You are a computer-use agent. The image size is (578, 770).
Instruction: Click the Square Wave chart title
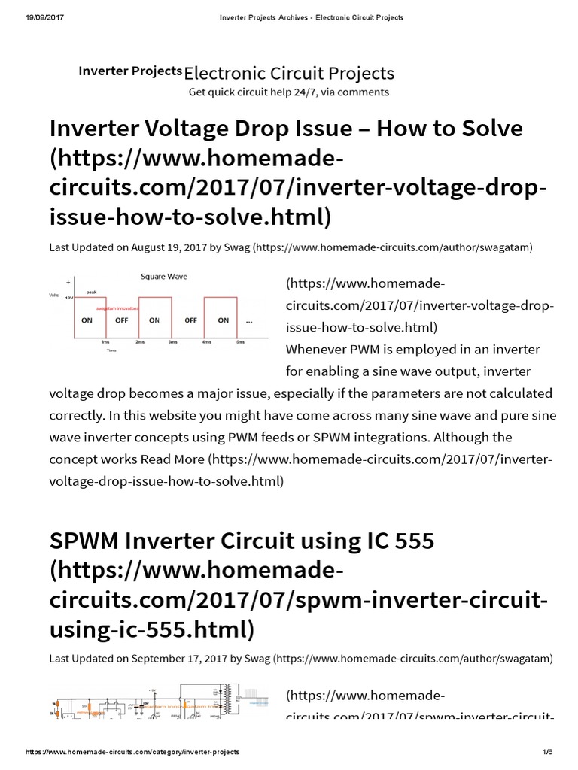(164, 277)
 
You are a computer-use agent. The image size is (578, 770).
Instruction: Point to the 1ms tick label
(105, 342)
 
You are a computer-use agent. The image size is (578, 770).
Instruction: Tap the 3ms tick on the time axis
(172, 342)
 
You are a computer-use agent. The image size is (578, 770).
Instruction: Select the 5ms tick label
(240, 342)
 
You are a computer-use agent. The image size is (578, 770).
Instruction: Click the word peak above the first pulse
(91, 292)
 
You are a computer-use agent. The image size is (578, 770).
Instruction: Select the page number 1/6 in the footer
(547, 752)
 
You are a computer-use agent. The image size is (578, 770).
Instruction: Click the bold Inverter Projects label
(130, 71)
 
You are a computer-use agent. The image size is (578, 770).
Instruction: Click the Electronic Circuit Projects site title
(289, 73)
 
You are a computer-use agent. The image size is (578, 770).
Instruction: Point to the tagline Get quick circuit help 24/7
(289, 92)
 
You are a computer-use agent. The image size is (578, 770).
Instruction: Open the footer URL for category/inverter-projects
(132, 752)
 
